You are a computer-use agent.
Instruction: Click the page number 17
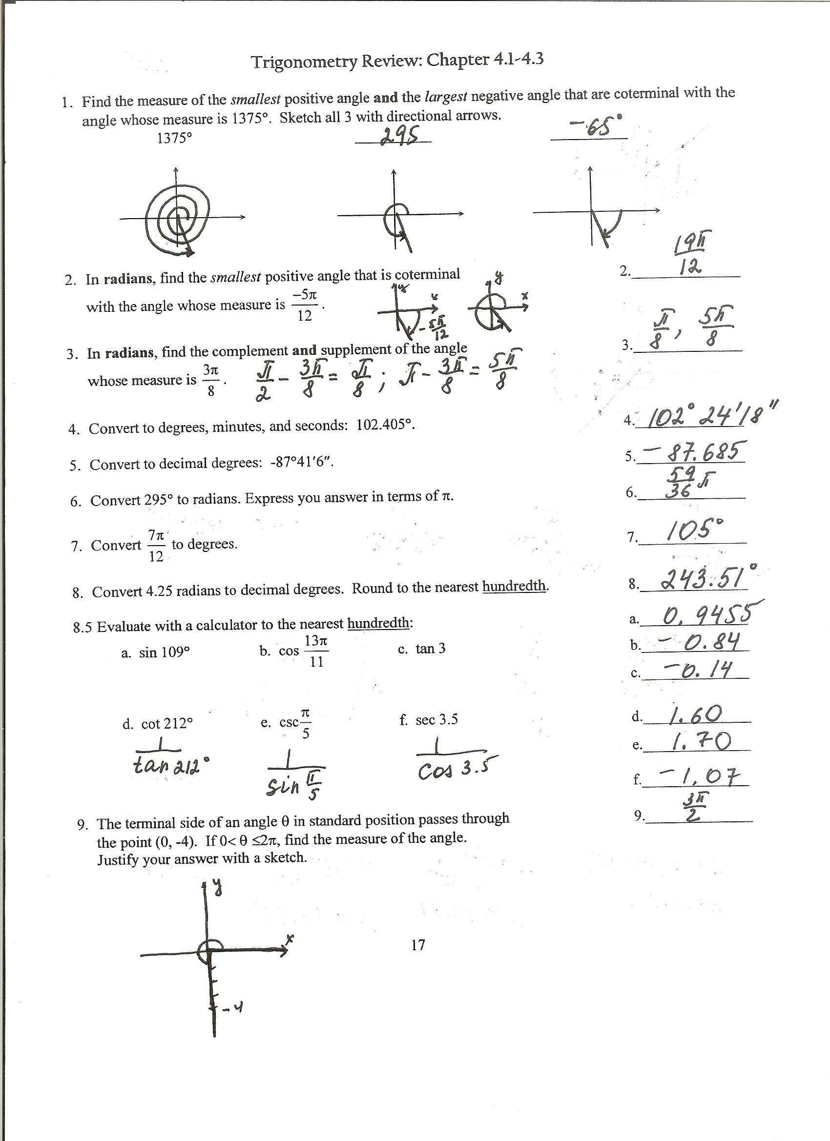click(418, 945)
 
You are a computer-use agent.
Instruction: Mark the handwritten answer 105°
click(695, 531)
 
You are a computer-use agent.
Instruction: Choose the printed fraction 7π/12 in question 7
click(157, 545)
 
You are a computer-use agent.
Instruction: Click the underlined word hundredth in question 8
click(514, 586)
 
